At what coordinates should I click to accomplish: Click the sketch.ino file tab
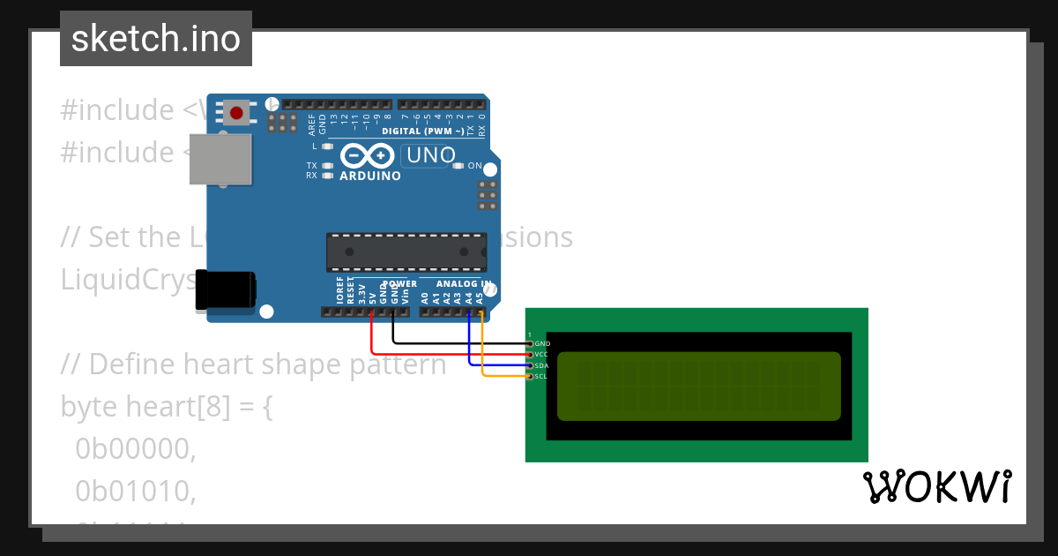tap(156, 39)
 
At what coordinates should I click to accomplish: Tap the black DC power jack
tap(226, 290)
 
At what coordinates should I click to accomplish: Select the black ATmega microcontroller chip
tap(406, 252)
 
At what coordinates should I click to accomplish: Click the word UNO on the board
tap(428, 156)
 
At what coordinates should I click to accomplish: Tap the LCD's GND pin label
tap(542, 343)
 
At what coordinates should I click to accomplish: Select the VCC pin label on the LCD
tap(542, 354)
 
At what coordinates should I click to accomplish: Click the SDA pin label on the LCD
tap(542, 365)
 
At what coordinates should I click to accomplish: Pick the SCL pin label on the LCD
tap(542, 377)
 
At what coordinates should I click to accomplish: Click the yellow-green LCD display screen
tap(698, 386)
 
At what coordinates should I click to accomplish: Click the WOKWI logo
tap(936, 486)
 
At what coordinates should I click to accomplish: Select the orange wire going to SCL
tap(503, 377)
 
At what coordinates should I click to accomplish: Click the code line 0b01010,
tap(135, 492)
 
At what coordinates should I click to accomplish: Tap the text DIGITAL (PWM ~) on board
tap(422, 131)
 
